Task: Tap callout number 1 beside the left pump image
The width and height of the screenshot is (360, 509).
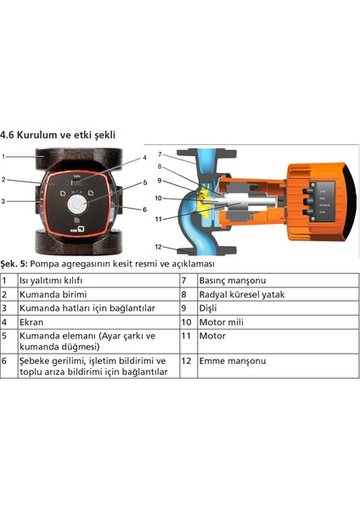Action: click(4, 157)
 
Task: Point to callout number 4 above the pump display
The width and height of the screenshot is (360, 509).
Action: click(145, 158)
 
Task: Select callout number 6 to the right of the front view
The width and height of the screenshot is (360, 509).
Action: click(145, 209)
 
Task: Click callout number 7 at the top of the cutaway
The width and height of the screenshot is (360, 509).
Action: click(160, 154)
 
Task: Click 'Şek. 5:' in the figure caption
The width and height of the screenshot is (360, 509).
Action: click(16, 262)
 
